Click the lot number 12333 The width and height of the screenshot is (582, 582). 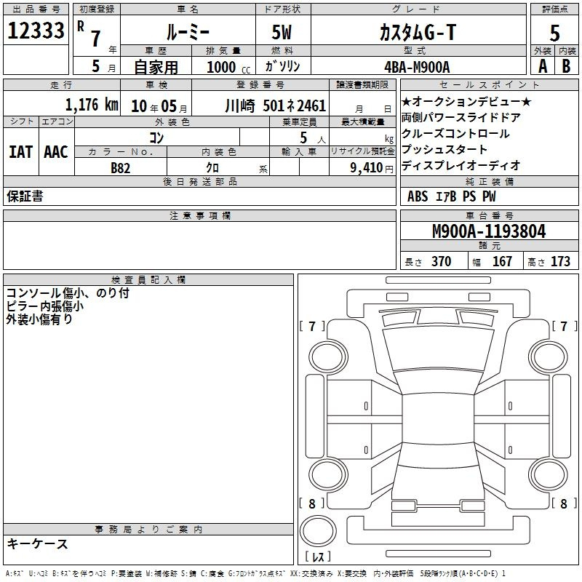click(36, 31)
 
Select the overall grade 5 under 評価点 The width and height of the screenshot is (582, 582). click(554, 33)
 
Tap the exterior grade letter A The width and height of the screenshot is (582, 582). click(543, 66)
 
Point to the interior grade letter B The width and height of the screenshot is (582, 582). click(566, 66)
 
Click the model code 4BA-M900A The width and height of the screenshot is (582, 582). click(417, 67)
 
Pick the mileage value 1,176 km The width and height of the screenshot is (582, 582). click(92, 105)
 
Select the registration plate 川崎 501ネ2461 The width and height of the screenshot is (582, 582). click(276, 105)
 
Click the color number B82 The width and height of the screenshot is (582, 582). click(121, 168)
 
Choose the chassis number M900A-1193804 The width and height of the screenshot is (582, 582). click(489, 231)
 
